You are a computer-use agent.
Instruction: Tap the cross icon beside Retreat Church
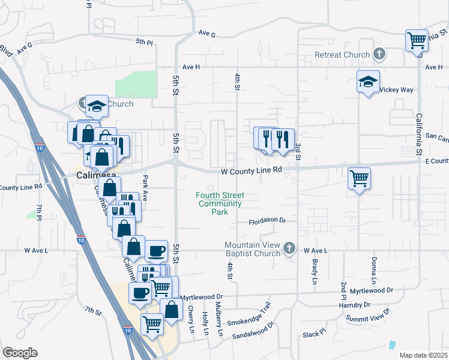[x=379, y=55]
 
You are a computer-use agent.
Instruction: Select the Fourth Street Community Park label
[x=221, y=203]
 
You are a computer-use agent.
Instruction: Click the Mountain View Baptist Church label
[x=253, y=249]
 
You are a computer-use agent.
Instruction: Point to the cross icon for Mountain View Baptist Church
[x=289, y=248]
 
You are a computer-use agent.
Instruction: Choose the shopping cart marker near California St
[x=416, y=41]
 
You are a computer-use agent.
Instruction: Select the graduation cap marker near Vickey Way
[x=368, y=82]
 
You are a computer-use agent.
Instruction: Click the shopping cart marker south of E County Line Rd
[x=359, y=178]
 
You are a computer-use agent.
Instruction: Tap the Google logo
[x=20, y=353]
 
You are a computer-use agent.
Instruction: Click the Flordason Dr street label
[x=268, y=220]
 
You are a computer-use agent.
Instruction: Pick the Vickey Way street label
[x=399, y=89]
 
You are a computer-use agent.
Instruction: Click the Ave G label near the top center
[x=206, y=35]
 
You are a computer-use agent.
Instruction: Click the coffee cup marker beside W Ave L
[x=156, y=251]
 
